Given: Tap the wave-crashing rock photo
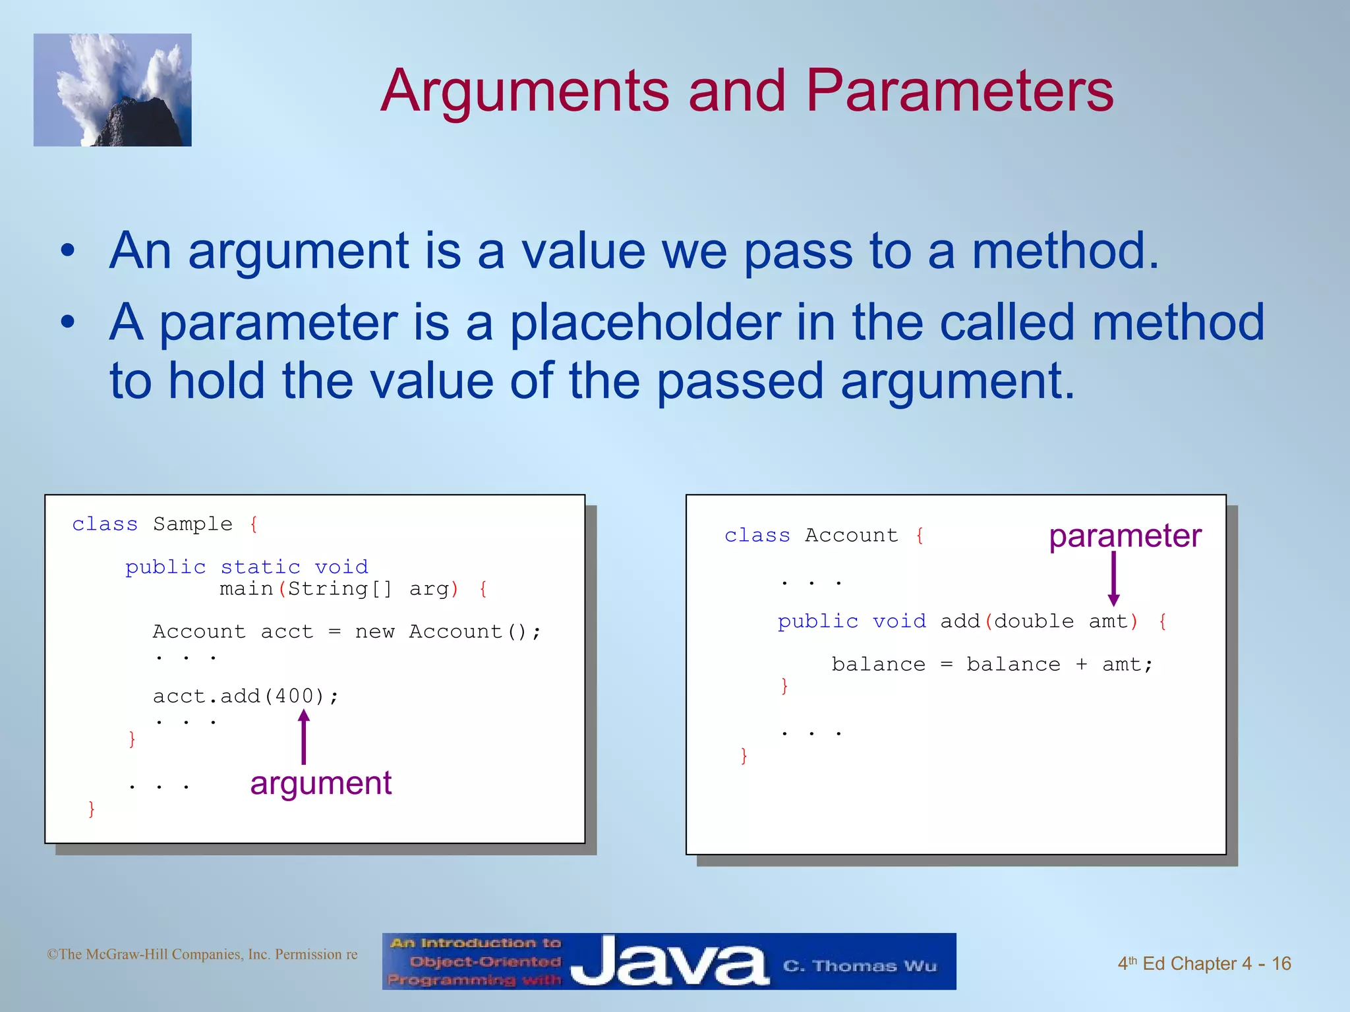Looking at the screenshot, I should point(113,90).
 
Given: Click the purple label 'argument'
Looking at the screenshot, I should point(321,783).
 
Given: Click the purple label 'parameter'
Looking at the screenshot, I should point(1125,536).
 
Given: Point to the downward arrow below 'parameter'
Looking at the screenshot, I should point(1113,578).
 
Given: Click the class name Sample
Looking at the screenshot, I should point(192,524).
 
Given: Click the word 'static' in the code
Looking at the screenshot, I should point(260,567).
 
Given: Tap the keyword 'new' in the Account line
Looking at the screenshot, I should point(374,632).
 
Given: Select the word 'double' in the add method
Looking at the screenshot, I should point(1034,621).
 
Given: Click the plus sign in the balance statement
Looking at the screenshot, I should point(1081,664).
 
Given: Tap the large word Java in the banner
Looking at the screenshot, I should point(668,962).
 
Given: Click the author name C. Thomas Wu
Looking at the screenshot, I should point(859,966).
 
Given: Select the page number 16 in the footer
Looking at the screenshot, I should point(1281,964).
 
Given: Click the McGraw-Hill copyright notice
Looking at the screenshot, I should point(202,955).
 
